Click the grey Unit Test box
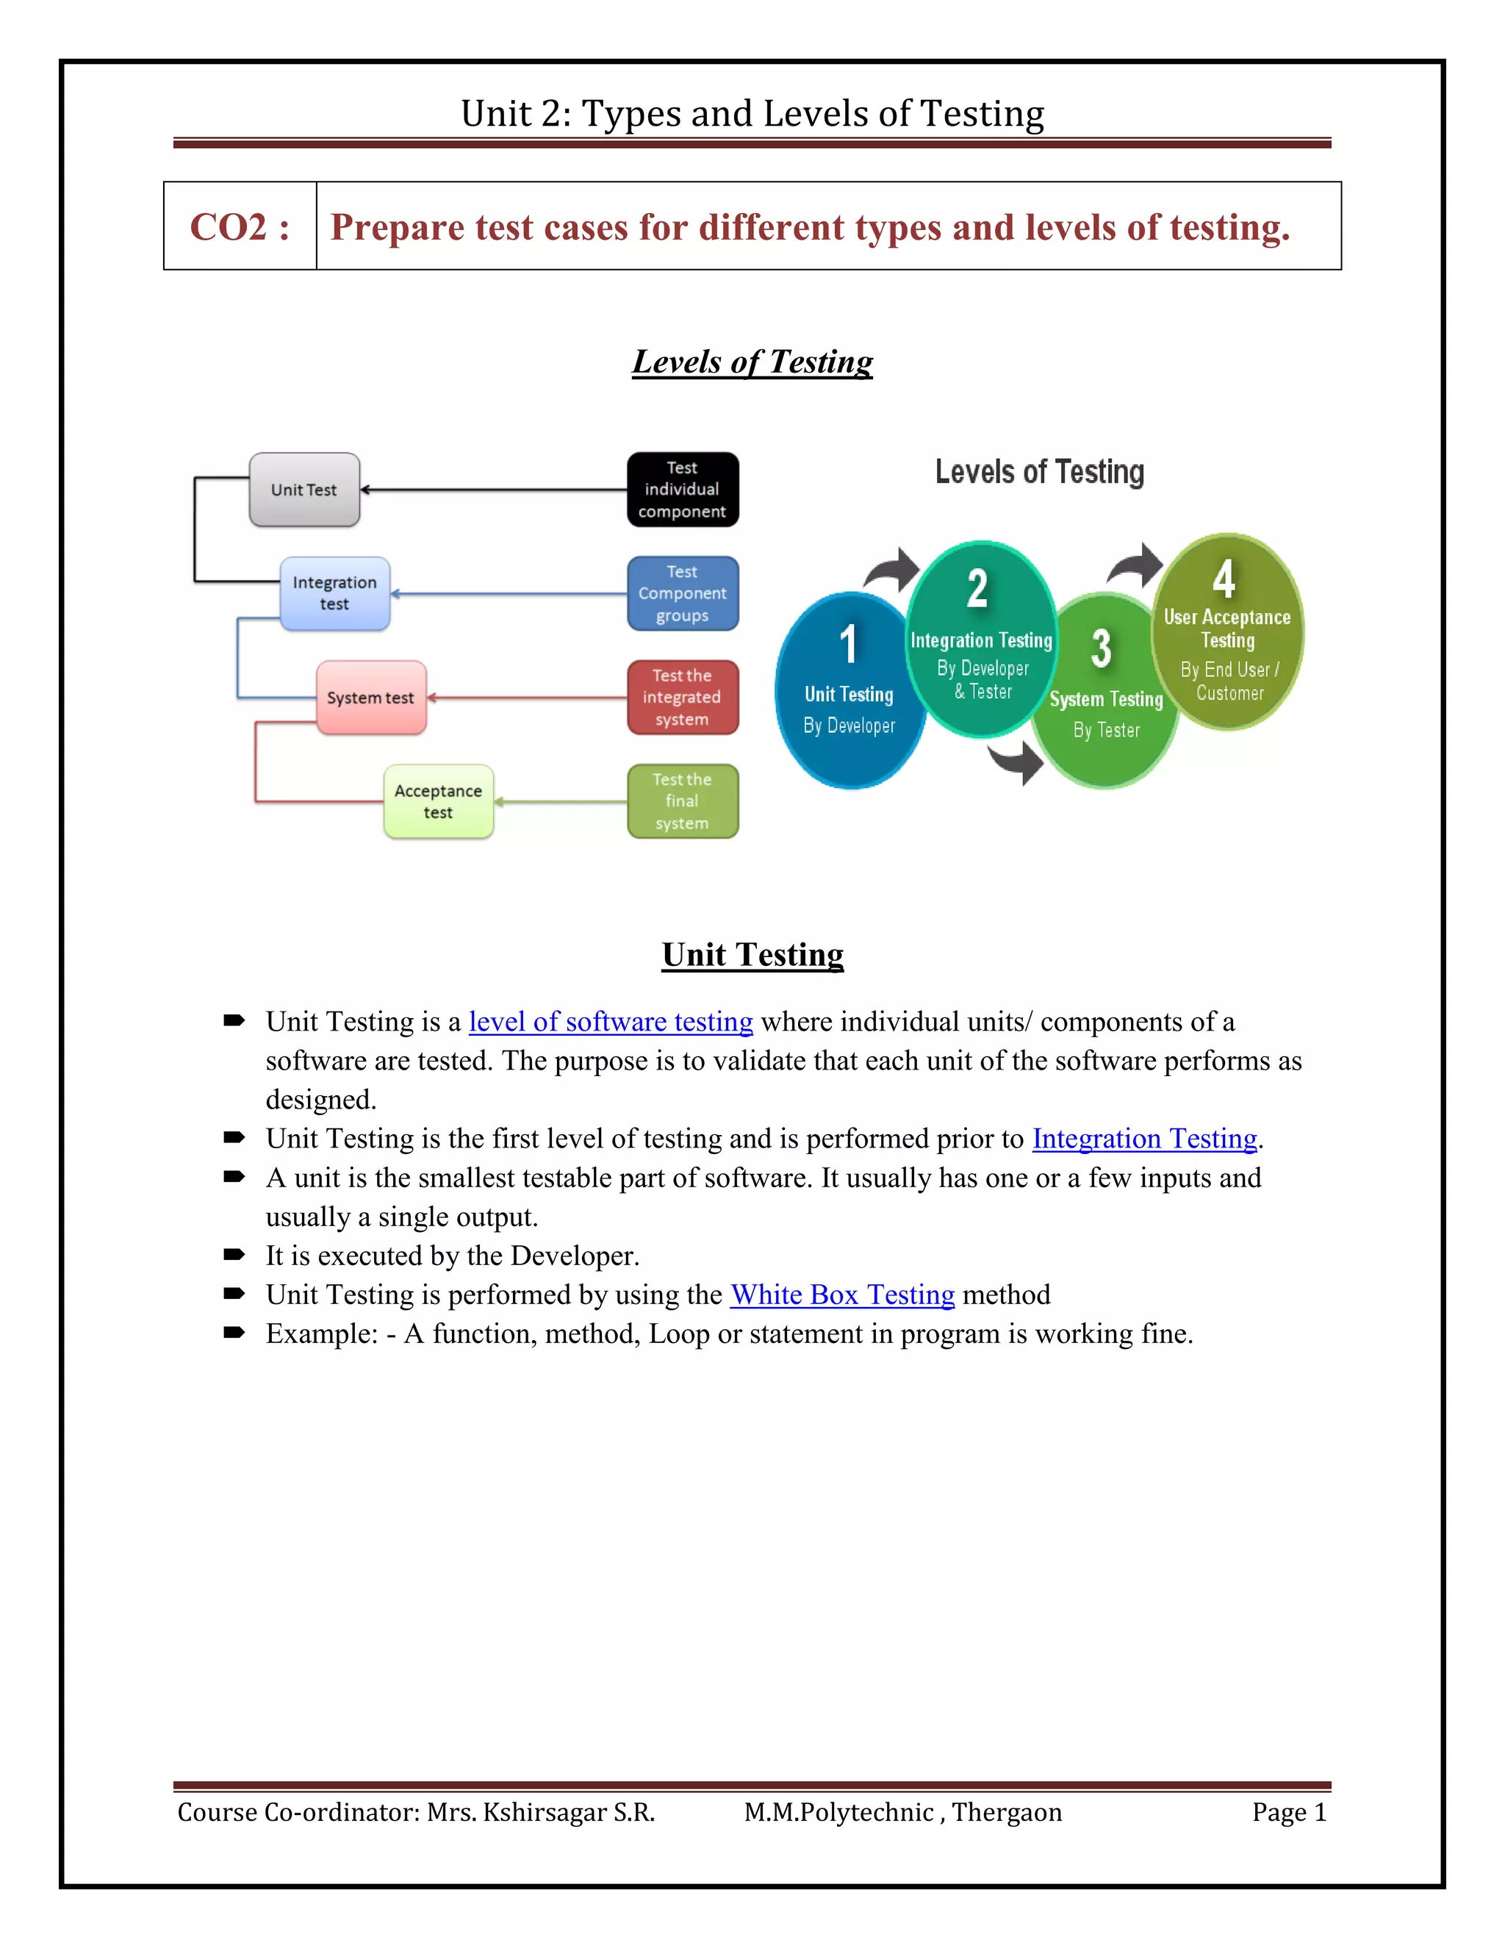point(304,490)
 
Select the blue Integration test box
point(334,593)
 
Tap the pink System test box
point(371,698)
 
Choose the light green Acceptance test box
point(438,801)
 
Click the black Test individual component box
point(682,490)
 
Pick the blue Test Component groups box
point(682,593)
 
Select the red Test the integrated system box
point(682,698)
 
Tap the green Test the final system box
point(682,801)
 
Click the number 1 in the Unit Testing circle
point(849,644)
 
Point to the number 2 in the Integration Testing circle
point(977,589)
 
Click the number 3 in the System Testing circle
point(1101,648)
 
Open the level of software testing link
point(611,1023)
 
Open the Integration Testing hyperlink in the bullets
point(1144,1139)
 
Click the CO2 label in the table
point(240,227)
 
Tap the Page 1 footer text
point(1288,1813)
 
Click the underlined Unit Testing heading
point(752,956)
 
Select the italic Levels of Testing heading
point(752,362)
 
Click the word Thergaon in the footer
point(1007,1813)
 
